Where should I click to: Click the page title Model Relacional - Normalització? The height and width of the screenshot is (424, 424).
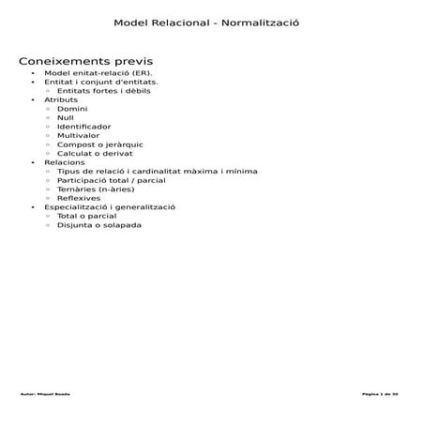click(212, 22)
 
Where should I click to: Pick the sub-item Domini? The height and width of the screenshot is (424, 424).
click(72, 108)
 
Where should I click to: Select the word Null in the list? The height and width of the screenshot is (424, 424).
click(66, 117)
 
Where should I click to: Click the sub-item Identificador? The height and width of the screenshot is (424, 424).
click(83, 126)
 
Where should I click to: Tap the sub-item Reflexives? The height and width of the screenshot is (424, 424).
click(79, 198)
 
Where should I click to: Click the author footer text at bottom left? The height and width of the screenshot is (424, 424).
click(45, 393)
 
